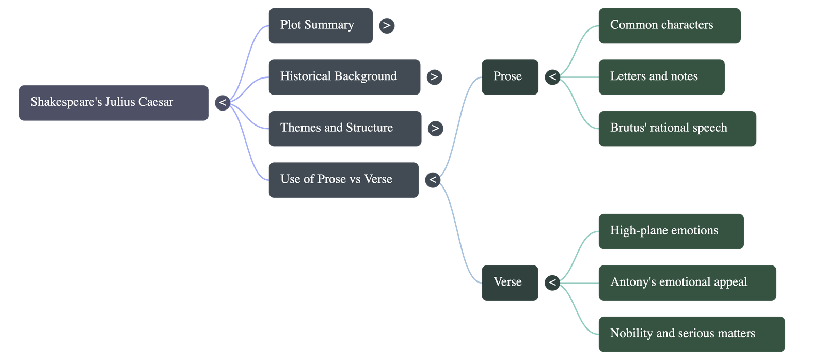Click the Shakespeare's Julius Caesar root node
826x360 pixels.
click(114, 103)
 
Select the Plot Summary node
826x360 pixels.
click(320, 25)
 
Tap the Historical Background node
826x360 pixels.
click(344, 77)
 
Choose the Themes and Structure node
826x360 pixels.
click(344, 128)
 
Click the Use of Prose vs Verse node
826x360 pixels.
click(343, 180)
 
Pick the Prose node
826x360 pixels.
click(510, 77)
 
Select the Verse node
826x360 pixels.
click(510, 283)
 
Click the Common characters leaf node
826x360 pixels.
click(669, 25)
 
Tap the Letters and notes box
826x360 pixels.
click(661, 77)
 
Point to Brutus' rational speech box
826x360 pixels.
click(677, 128)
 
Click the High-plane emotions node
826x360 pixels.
click(671, 231)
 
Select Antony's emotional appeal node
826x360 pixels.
click(687, 283)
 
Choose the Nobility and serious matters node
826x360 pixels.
click(691, 334)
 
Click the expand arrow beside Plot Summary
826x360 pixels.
click(387, 25)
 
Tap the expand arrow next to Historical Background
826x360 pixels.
click(434, 77)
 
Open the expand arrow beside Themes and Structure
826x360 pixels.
click(435, 128)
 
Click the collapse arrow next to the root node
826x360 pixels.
click(223, 103)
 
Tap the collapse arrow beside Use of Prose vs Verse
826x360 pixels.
click(433, 180)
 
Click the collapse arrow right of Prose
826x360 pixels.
click(552, 77)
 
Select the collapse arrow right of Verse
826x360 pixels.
click(552, 283)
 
